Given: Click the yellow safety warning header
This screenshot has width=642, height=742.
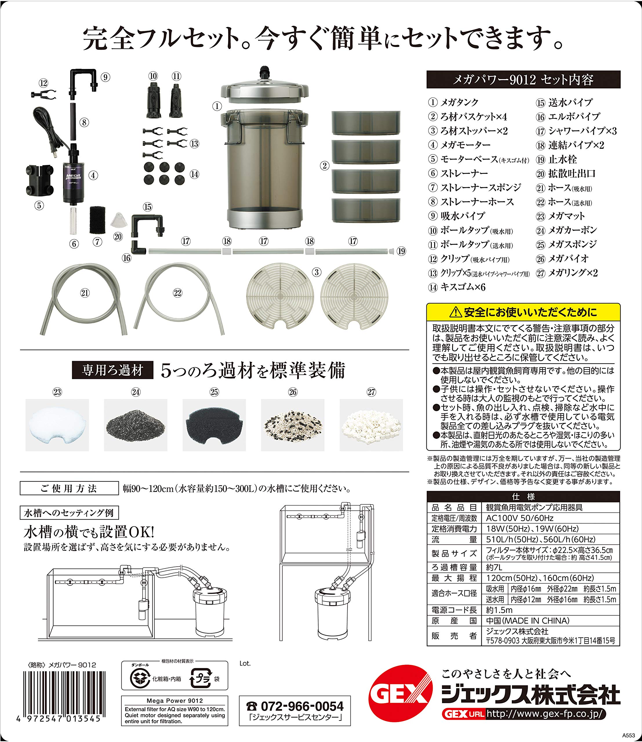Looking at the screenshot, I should coord(523,312).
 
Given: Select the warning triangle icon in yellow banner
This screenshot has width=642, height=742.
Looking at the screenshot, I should coord(456,313).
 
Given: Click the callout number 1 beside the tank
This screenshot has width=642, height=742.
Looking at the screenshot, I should coord(217,106).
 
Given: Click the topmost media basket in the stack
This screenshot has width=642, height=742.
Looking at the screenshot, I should coord(365,123).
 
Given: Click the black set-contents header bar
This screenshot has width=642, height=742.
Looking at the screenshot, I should coord(523,79).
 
